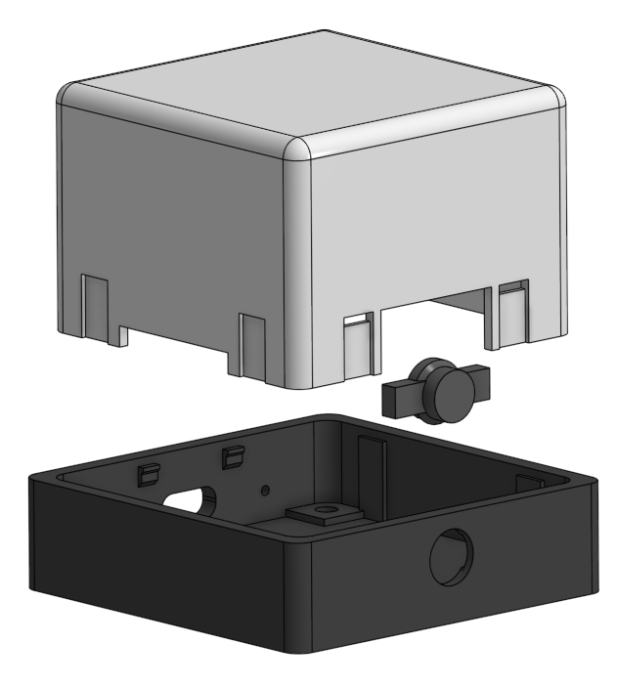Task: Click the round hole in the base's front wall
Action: point(451,556)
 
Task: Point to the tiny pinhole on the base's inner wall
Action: point(264,487)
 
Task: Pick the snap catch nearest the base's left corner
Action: point(147,474)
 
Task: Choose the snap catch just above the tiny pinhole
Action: point(233,454)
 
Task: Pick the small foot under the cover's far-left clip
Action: point(122,336)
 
